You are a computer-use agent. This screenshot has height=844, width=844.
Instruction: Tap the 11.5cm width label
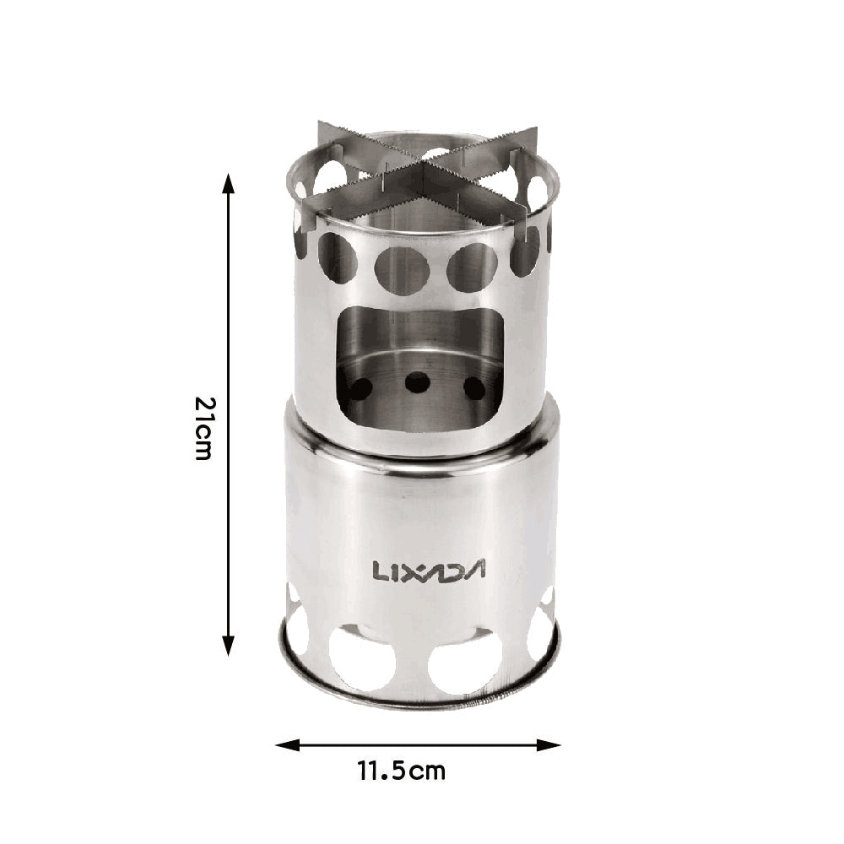[401, 771]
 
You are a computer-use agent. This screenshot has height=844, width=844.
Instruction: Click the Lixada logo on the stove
[430, 571]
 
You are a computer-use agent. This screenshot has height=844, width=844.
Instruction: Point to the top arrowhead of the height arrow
[228, 182]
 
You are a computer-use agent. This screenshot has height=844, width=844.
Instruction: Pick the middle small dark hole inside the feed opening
[417, 382]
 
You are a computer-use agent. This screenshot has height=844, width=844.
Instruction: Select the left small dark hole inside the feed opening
[360, 389]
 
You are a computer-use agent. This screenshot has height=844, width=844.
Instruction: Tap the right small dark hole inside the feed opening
[475, 388]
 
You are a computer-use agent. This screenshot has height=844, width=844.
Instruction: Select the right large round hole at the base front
[465, 663]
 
